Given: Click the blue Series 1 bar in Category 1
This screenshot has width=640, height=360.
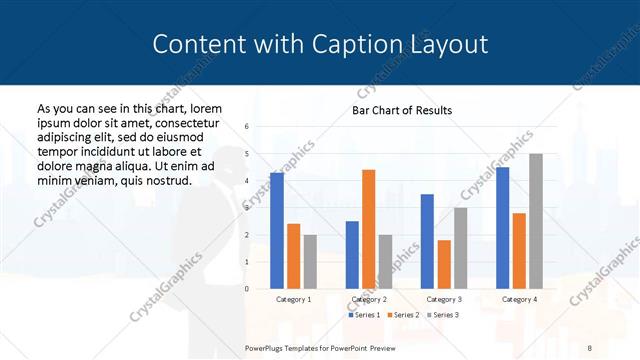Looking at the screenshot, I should tap(277, 231).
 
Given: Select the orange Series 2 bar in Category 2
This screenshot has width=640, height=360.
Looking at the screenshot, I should tap(368, 229).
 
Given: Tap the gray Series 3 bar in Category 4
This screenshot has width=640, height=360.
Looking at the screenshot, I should tap(536, 221).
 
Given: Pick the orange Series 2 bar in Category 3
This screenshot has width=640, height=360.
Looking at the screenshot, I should tap(443, 264).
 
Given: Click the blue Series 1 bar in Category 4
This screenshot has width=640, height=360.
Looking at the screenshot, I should tap(502, 228).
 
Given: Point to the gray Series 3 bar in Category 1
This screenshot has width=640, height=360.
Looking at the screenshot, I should tap(310, 262).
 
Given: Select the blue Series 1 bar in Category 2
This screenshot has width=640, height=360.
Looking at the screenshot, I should tap(352, 255).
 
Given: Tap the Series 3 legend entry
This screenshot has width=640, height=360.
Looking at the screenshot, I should tap(446, 315).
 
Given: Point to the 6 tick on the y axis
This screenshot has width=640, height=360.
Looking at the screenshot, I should tap(247, 127).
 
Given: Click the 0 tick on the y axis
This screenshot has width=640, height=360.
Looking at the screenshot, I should tap(247, 289).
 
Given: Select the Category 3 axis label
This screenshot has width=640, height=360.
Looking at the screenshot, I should tap(443, 299).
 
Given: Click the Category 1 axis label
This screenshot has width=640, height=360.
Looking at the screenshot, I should tap(293, 299).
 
